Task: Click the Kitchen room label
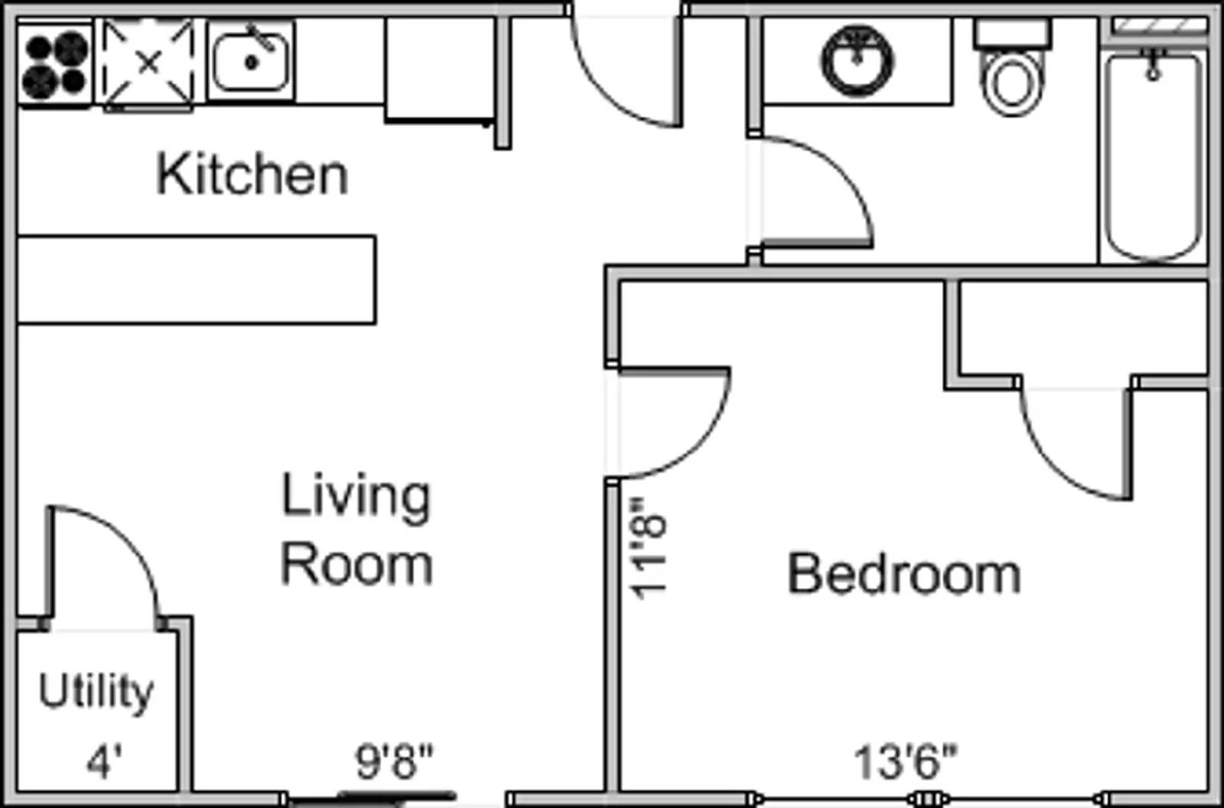coord(252,174)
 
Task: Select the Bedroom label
coord(903,573)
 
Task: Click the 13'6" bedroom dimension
coord(906,761)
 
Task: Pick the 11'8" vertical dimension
coord(649,549)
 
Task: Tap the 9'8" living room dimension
coord(394,761)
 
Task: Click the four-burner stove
coord(54,64)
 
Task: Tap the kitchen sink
coord(252,61)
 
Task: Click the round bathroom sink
coord(858,60)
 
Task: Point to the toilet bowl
coord(1012,83)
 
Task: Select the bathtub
coord(1153,156)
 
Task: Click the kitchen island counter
coord(197,280)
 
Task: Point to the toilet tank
coord(1013,34)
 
